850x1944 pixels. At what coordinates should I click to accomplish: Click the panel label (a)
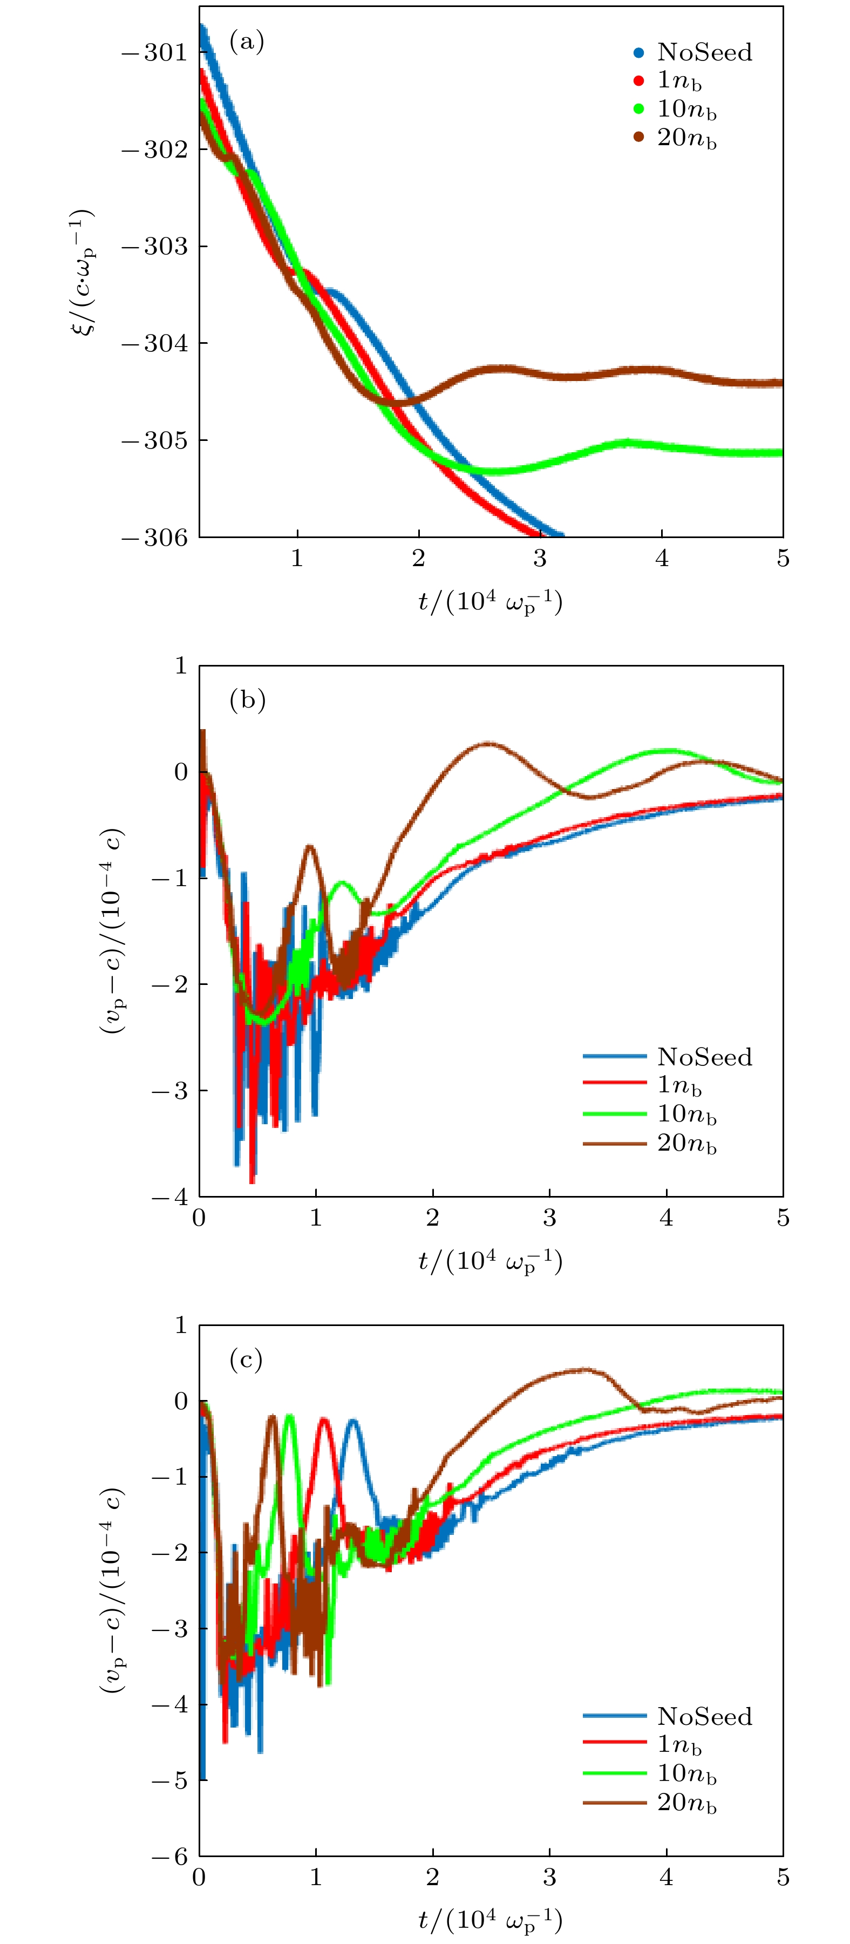tap(246, 41)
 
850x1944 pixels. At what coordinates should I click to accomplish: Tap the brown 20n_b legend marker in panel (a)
tap(638, 137)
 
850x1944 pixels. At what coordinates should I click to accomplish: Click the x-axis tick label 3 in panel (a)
tap(540, 559)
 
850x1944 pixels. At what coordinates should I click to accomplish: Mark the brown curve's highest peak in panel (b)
tap(488, 743)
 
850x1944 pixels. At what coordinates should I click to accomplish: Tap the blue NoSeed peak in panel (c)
tap(352, 1421)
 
